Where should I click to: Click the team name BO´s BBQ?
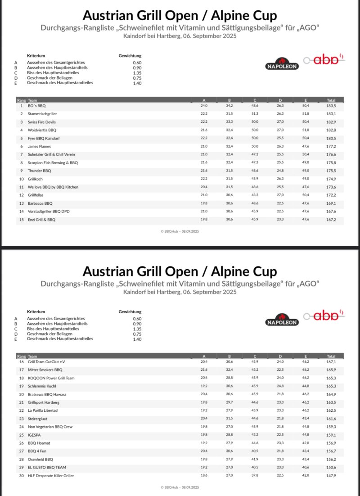[37, 106]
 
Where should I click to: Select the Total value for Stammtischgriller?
[331, 114]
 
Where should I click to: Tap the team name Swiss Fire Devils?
[41, 122]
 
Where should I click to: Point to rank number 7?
[21, 154]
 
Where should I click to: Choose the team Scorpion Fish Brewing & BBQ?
[53, 162]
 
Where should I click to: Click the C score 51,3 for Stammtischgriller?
[255, 114]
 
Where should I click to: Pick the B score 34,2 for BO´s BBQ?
[229, 106]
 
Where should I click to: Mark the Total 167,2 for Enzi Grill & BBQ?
[331, 220]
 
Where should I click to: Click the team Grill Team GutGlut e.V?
[46, 362]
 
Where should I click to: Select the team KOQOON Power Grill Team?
[51, 378]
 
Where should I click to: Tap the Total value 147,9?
[331, 476]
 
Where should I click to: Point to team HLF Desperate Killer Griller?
[51, 476]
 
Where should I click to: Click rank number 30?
[21, 476]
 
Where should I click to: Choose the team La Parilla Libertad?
[43, 410]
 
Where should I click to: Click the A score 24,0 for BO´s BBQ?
[204, 106]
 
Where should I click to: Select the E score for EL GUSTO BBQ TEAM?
[306, 468]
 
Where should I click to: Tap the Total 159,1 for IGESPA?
[331, 435]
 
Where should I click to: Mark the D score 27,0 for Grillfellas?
[280, 195]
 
